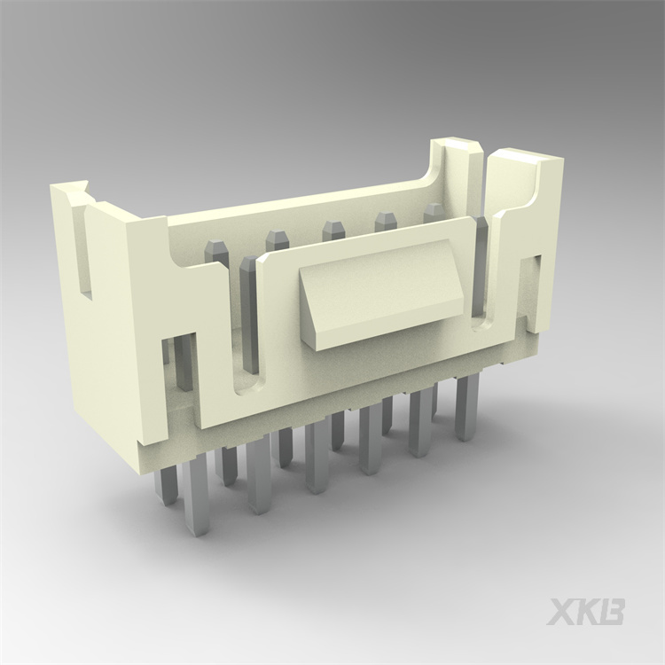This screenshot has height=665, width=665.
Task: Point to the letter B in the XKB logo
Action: pos(613,612)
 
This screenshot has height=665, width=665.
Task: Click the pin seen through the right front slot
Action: pos(481,266)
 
